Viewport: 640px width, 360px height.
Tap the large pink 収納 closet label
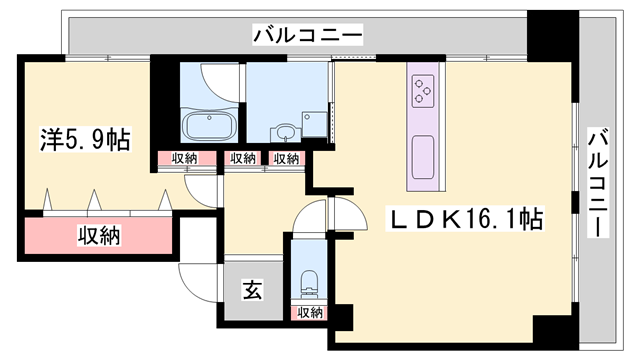[99, 236]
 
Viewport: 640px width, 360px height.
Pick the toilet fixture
[308, 279]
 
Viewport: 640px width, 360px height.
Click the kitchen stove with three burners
[423, 91]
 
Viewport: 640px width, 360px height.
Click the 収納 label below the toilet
[309, 312]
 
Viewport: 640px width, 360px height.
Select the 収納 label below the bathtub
[184, 158]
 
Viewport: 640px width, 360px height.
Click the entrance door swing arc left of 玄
[197, 281]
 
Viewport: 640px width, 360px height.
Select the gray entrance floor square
[252, 293]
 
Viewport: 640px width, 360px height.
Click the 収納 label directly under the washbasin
[285, 158]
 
